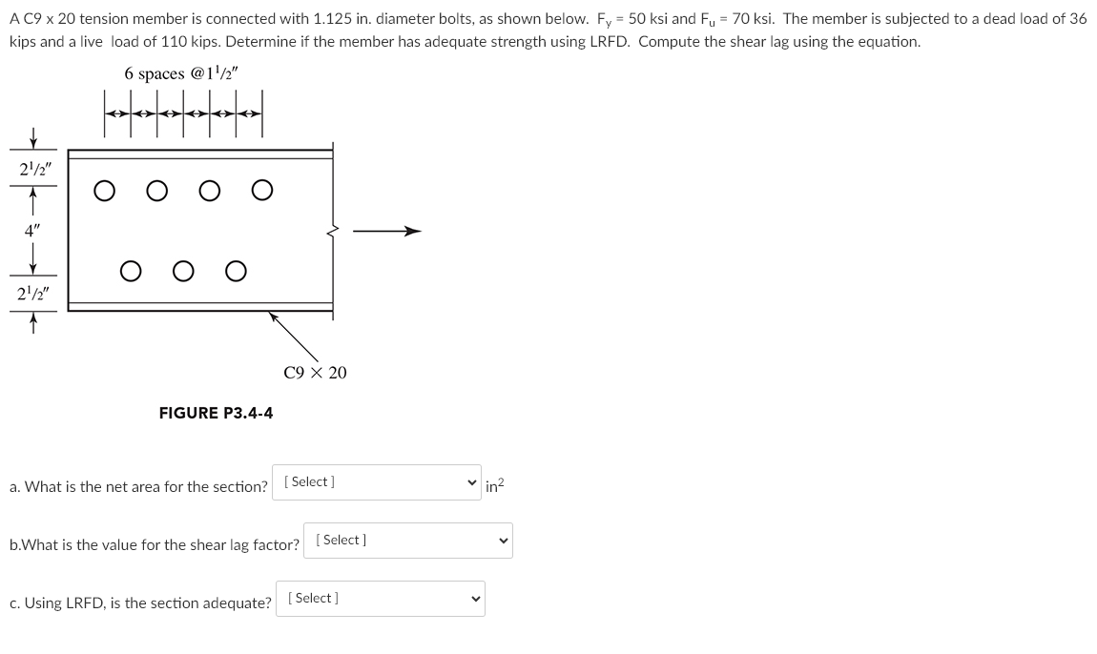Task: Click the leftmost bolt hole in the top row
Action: coord(104,191)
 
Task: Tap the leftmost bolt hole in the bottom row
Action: coord(131,272)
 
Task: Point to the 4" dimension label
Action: coord(32,230)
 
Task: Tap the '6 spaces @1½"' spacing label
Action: coord(180,73)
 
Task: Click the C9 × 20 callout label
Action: coord(315,373)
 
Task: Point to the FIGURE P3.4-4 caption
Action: coord(216,413)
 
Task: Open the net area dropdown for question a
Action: coord(377,482)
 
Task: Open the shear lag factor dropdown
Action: coord(407,541)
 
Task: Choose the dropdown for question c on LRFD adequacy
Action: coord(380,599)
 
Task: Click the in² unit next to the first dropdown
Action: coord(495,485)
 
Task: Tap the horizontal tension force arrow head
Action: coord(412,231)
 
